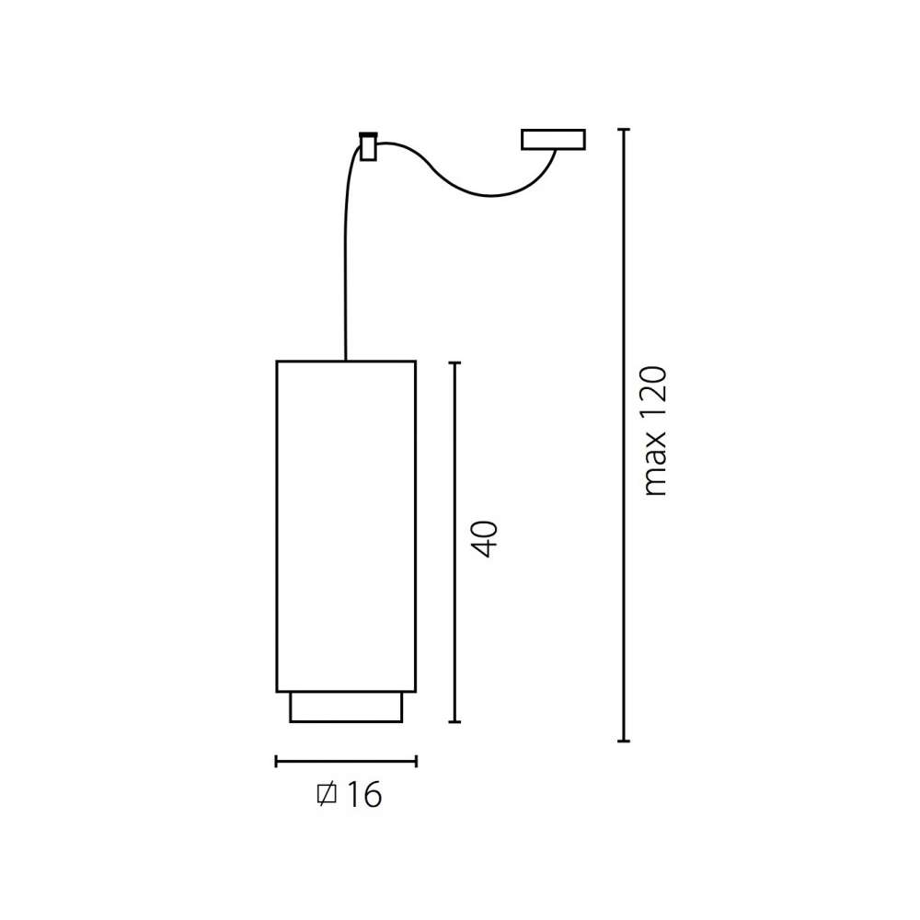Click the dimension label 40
click(485, 538)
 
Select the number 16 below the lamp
click(364, 795)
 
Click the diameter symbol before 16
click(327, 795)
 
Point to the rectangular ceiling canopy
click(553, 140)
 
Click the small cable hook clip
click(369, 146)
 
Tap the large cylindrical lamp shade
click(346, 526)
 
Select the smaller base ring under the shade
click(346, 707)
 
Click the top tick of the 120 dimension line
click(624, 129)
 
